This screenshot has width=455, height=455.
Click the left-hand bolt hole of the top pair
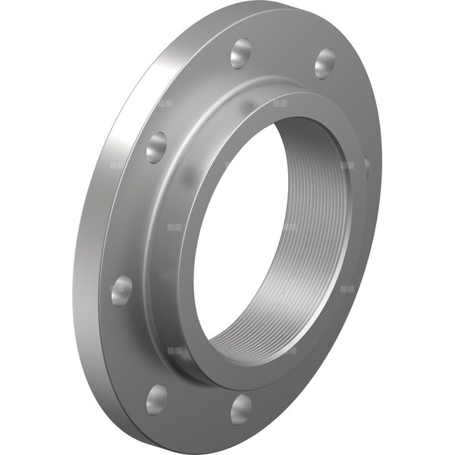point(241,54)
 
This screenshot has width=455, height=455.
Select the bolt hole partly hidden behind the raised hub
point(367,167)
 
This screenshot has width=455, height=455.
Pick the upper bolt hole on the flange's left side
point(156,146)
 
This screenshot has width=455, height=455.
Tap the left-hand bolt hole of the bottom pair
point(157,398)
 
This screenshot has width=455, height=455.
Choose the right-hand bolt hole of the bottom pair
point(241,408)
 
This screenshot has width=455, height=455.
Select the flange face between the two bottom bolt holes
point(199,409)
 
